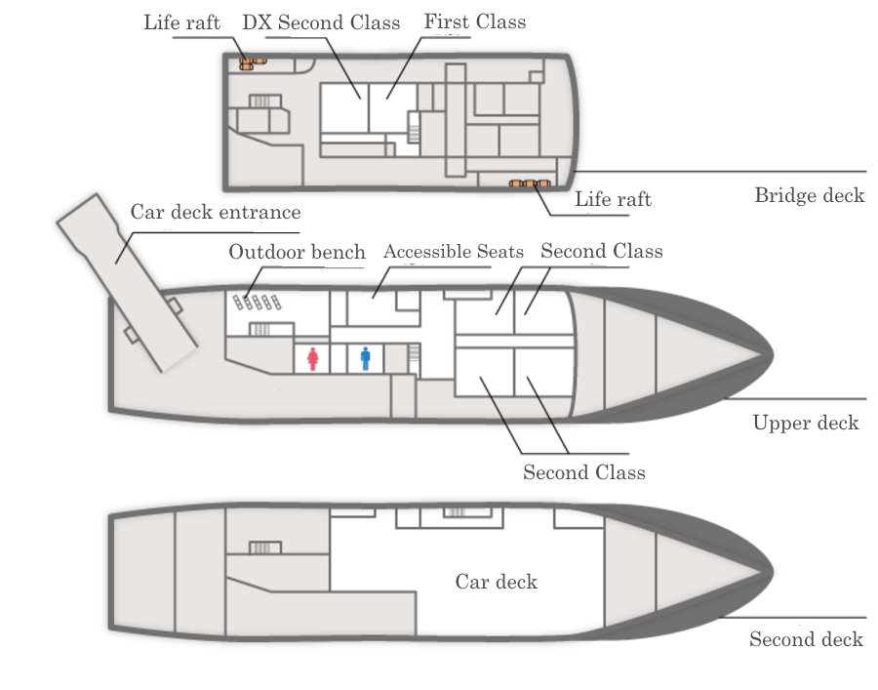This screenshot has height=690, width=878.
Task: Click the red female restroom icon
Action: [x=313, y=359]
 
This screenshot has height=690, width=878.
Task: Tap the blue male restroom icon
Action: [x=366, y=358]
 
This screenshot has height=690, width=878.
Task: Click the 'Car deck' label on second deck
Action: [x=497, y=582]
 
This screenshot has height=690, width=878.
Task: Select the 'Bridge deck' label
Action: [x=810, y=195]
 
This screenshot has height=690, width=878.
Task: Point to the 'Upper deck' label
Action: [x=806, y=423]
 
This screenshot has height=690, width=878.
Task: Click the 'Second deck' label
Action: [x=807, y=639]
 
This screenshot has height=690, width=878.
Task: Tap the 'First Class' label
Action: [x=475, y=21]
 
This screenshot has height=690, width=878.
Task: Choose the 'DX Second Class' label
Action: [x=321, y=22]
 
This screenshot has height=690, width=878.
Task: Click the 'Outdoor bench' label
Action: [x=297, y=252]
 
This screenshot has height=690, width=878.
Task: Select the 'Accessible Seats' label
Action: [x=454, y=252]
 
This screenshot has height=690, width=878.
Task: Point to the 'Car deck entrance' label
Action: [x=216, y=212]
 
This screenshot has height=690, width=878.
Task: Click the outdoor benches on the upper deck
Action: [x=257, y=303]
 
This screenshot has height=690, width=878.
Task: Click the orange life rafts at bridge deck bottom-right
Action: [x=530, y=183]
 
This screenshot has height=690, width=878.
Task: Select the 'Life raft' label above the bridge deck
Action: [x=182, y=22]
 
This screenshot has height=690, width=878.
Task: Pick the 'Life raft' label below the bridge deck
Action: [x=614, y=199]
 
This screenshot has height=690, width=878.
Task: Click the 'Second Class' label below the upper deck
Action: [x=584, y=472]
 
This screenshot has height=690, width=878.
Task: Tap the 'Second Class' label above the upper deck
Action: [x=601, y=251]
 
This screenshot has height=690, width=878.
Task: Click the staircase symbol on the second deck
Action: [x=264, y=548]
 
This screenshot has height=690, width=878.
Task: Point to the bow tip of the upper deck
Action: [x=773, y=354]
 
